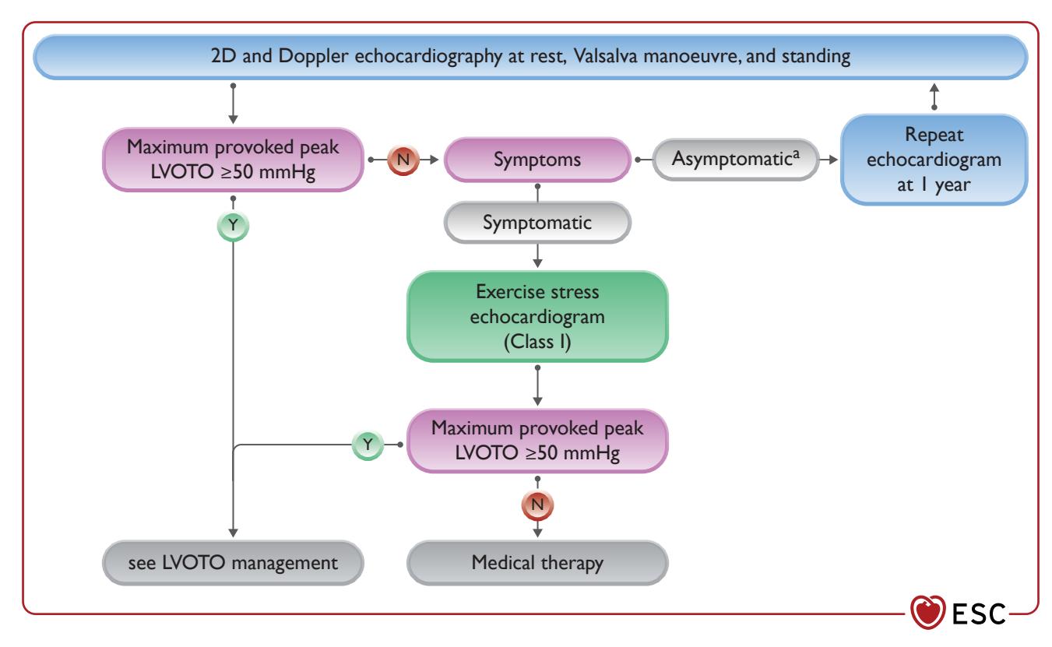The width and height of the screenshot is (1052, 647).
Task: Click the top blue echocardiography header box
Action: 531,57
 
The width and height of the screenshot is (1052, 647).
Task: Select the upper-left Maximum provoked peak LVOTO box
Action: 233,160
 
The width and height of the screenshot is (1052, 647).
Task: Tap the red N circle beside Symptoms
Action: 403,160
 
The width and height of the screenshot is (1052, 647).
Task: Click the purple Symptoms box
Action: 537,160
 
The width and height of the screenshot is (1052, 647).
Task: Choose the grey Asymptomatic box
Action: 735,159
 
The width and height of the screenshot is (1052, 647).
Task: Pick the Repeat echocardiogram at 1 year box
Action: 934,160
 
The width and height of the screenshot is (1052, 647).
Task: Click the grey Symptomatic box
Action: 537,223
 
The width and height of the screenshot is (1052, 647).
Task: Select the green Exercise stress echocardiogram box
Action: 537,316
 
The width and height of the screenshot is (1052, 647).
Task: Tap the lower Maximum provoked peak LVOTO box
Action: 537,441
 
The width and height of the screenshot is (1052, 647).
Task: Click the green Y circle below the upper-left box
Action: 233,226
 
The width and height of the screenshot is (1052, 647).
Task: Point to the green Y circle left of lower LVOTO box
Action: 368,444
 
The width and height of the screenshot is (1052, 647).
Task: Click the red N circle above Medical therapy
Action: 537,505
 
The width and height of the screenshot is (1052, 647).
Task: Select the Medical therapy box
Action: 537,562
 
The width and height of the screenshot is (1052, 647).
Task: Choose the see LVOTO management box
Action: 233,562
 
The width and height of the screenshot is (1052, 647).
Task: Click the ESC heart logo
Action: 927,611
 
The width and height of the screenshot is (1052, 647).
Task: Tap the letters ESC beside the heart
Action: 980,614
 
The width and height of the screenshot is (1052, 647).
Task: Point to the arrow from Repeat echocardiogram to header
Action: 934,97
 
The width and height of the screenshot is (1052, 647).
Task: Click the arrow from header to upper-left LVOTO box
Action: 233,104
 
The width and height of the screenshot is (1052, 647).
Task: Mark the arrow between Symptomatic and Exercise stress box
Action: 537,256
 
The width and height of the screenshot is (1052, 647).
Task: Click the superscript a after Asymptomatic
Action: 796,153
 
